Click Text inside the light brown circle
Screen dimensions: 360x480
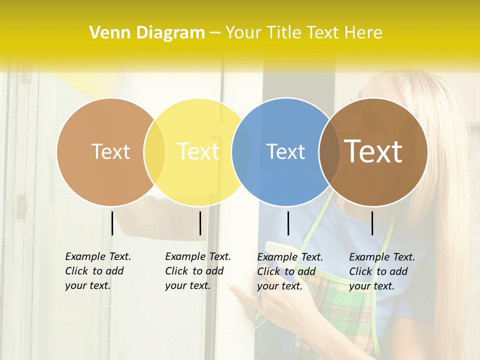[110, 151]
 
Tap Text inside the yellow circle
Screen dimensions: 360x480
[198, 151]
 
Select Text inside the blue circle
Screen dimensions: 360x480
[285, 151]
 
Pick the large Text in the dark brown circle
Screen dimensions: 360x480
[373, 151]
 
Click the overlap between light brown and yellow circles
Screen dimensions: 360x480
[154, 152]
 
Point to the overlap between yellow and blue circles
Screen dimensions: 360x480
[242, 152]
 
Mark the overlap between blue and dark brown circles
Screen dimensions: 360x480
[329, 152]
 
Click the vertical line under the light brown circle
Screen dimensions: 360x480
[112, 223]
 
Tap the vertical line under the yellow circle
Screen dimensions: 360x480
[200, 223]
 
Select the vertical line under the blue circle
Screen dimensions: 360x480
[288, 223]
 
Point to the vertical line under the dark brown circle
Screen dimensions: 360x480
[372, 223]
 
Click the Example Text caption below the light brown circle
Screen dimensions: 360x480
[97, 271]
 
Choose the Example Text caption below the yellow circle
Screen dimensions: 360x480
[197, 271]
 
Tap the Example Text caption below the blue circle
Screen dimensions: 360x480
[289, 271]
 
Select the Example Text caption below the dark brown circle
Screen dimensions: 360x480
[381, 271]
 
